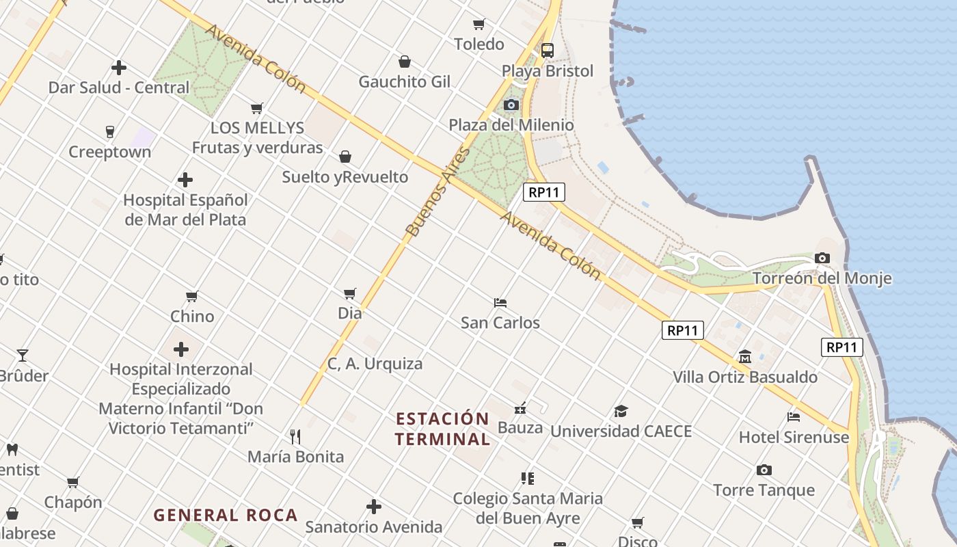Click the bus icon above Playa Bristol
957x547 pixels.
(547, 50)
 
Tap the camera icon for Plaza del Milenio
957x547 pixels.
(511, 105)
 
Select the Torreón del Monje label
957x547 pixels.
(822, 278)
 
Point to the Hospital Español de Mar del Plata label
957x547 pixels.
(185, 210)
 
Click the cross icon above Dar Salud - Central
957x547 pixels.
(119, 68)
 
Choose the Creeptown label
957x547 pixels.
(109, 152)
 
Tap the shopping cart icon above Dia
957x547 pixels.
(350, 293)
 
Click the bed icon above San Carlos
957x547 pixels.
(500, 302)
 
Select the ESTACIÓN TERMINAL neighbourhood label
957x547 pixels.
(442, 429)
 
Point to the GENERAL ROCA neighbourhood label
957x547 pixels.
(226, 515)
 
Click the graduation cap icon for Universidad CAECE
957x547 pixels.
(621, 411)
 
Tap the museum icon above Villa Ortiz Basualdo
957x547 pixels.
(744, 356)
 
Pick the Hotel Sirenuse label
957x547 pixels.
(794, 437)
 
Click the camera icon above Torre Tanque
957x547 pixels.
(764, 470)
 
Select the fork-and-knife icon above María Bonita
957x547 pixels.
(295, 436)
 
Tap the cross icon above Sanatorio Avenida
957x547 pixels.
(373, 507)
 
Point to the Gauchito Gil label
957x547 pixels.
(405, 82)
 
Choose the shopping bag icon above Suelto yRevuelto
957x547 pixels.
(345, 157)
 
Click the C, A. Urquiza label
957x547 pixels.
(375, 364)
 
